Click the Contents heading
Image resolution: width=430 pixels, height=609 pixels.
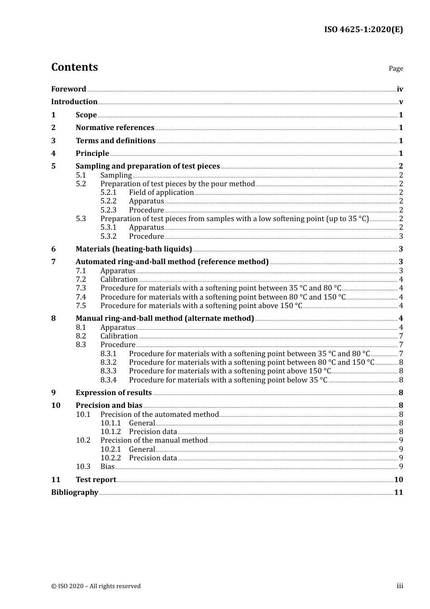point(74,67)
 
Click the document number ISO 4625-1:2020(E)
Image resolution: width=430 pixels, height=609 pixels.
point(363,29)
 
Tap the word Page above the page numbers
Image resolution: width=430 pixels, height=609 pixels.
point(396,68)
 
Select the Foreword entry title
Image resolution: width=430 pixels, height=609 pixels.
point(68,89)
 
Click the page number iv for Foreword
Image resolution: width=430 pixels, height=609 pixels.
point(400,89)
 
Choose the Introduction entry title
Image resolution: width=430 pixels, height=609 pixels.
point(74,102)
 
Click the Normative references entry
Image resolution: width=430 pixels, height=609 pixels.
point(115,128)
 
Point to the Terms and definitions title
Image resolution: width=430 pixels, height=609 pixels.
point(115,141)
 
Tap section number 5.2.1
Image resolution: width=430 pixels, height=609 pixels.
point(109,193)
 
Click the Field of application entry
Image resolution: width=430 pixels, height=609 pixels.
point(161,193)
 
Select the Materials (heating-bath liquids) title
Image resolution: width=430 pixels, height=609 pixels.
point(134,249)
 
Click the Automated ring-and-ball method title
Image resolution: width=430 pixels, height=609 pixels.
point(172,262)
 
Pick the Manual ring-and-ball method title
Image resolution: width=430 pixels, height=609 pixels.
point(165,319)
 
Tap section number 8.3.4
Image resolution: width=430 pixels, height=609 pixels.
point(109,380)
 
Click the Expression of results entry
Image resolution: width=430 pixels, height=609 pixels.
point(114,393)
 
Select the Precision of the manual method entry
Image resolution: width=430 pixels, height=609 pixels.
point(154,440)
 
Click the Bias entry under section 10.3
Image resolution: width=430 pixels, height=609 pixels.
point(107,467)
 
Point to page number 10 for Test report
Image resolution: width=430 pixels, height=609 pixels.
point(398,480)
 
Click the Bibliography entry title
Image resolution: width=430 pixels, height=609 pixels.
point(75,493)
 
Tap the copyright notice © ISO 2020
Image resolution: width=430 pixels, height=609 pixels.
point(96,586)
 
